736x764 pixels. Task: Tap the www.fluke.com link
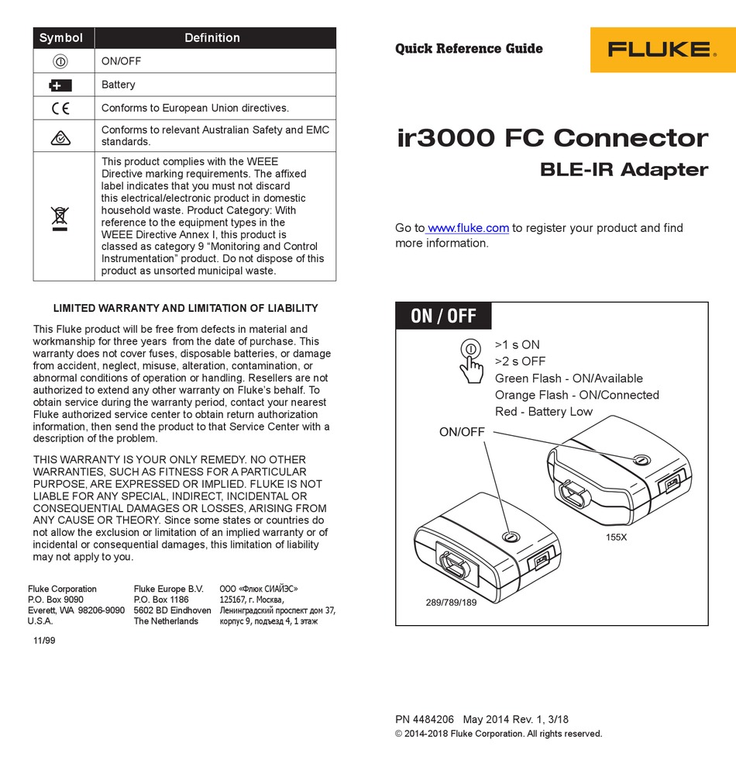coord(468,228)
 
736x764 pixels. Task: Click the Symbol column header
coord(61,38)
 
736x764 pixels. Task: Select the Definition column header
coord(212,38)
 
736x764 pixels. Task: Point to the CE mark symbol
coord(60,109)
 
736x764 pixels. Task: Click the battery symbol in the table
coord(60,85)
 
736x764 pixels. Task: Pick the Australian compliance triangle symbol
coord(60,137)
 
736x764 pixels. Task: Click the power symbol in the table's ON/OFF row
coord(60,61)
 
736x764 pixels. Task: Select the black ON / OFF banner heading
coord(443,316)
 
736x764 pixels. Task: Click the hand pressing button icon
coord(469,359)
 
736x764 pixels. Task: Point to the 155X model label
coord(616,537)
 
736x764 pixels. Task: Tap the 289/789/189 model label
coord(452,602)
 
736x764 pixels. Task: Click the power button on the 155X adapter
coord(640,460)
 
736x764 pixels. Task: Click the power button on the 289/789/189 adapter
coord(509,537)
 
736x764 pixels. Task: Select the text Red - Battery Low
coord(543,412)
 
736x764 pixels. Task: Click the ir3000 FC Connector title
coord(552,139)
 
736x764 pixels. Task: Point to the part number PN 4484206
coord(425,719)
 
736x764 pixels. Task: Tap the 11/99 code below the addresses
coord(44,641)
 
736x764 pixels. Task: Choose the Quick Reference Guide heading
coord(469,49)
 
